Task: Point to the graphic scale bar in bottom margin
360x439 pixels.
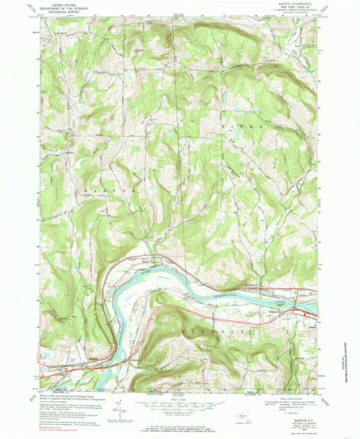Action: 180,403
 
